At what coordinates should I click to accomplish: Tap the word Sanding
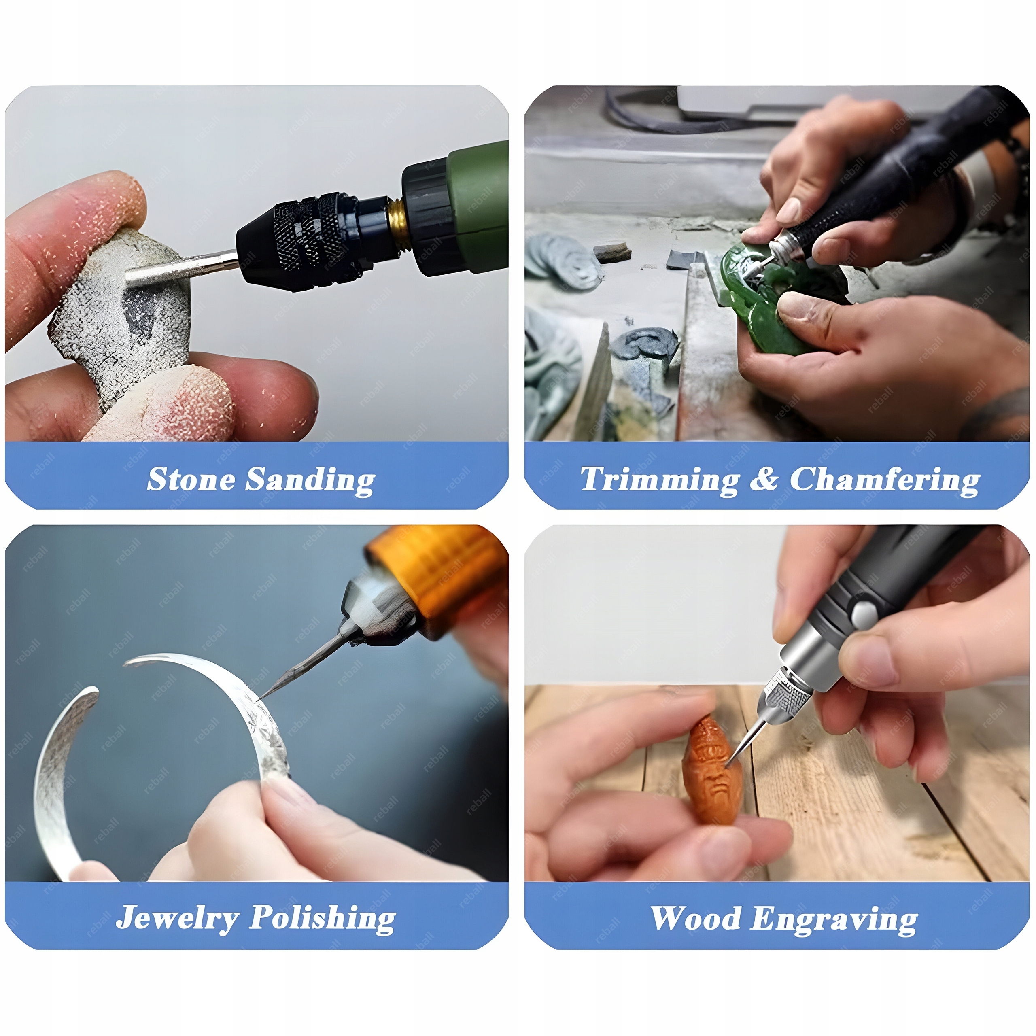tap(310, 480)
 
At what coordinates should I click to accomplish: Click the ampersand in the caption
tap(764, 479)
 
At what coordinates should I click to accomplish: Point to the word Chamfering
tap(885, 480)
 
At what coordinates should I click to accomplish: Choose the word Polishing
tap(323, 919)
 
